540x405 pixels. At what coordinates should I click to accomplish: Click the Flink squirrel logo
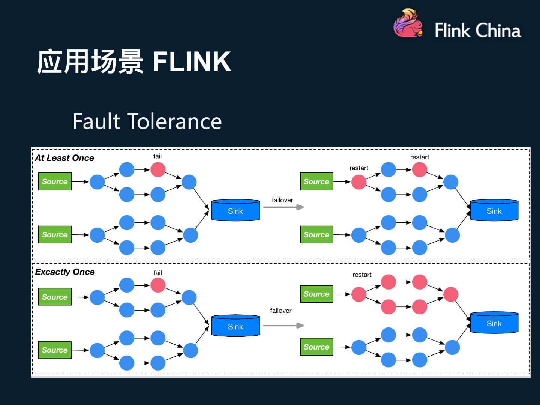click(408, 24)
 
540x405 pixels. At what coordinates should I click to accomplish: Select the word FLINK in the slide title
click(192, 62)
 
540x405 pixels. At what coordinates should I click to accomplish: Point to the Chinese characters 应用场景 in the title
click(90, 62)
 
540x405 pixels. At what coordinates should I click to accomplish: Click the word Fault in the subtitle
click(96, 121)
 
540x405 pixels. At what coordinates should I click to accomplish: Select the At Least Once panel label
click(64, 158)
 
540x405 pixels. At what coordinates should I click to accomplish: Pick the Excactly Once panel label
click(65, 272)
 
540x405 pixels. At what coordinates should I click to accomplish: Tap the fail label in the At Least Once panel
click(157, 156)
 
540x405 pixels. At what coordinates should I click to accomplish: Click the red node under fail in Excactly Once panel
click(158, 285)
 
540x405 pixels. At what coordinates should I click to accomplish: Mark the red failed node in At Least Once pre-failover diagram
click(158, 169)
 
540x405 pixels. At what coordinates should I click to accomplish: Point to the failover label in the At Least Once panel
click(282, 200)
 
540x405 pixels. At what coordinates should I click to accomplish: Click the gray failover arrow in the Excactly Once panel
click(283, 325)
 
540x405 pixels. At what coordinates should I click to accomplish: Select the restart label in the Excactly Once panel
click(362, 275)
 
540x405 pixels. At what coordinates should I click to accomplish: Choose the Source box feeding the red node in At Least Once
click(316, 181)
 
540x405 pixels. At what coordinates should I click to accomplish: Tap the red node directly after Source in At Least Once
click(359, 182)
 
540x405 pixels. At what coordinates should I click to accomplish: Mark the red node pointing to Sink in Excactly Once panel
click(451, 294)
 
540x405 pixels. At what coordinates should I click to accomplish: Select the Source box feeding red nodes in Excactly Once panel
click(316, 294)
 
